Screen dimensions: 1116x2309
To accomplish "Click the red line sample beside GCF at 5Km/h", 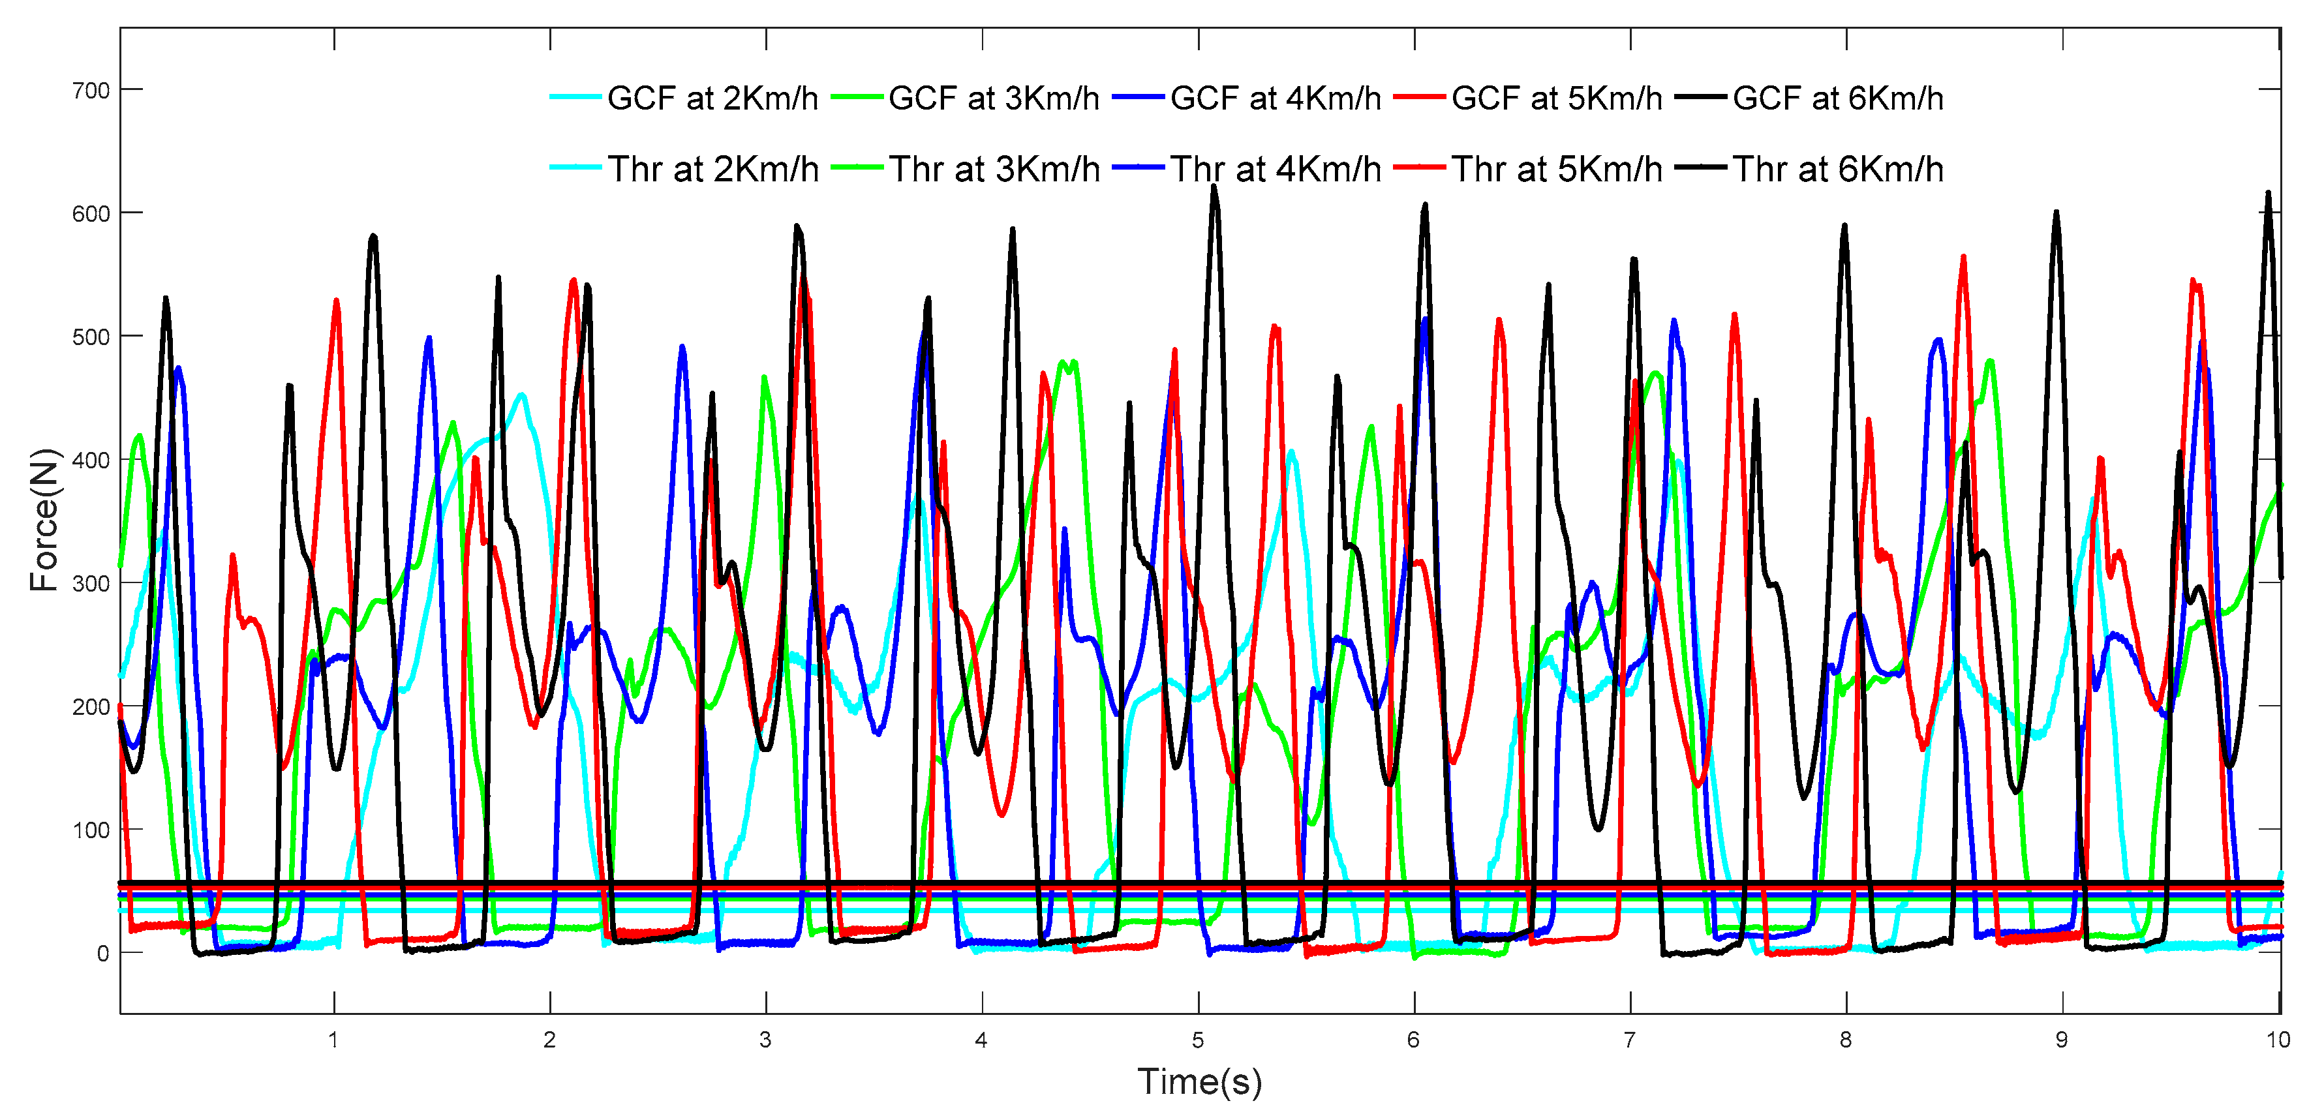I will pyautogui.click(x=1420, y=98).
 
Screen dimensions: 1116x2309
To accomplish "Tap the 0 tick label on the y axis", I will pyautogui.click(x=103, y=954).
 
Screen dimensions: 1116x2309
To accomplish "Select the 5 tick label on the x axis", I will pyautogui.click(x=1197, y=1040).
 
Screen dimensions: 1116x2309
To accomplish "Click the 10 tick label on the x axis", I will pyautogui.click(x=2278, y=1040).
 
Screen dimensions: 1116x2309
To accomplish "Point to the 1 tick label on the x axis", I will pyautogui.click(x=333, y=1040).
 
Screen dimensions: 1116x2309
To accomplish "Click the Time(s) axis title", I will pyautogui.click(x=1199, y=1082).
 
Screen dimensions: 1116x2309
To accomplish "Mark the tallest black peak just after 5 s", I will pyautogui.click(x=1215, y=189).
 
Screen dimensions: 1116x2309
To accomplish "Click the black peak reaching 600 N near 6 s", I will pyautogui.click(x=1424, y=206).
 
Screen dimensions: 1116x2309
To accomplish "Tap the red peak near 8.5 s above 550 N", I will pyautogui.click(x=1963, y=258).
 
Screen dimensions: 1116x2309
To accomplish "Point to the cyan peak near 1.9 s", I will pyautogui.click(x=522, y=395).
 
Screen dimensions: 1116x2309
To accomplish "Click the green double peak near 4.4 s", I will pyautogui.click(x=1067, y=364).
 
